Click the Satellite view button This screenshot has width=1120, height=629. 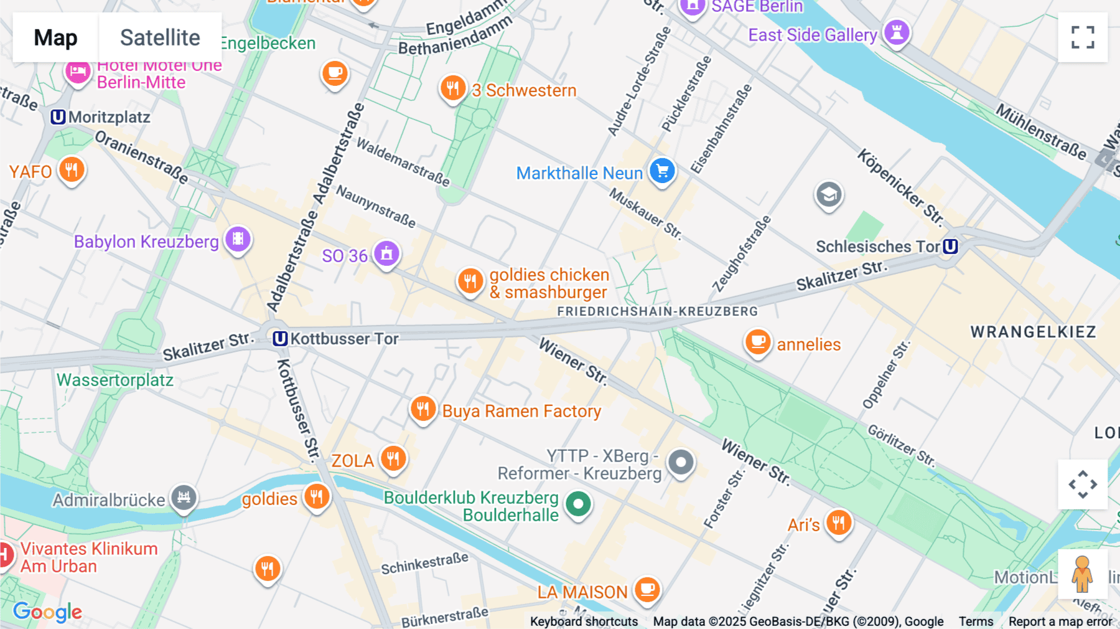click(160, 37)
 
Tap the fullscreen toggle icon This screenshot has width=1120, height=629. click(1083, 37)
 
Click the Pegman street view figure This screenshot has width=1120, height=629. click(1083, 574)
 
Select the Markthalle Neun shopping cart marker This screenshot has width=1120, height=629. click(662, 170)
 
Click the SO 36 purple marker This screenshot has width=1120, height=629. click(386, 253)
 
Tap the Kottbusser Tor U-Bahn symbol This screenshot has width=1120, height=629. click(280, 339)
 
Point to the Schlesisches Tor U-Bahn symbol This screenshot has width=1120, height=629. click(950, 247)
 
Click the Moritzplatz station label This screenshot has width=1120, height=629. click(109, 117)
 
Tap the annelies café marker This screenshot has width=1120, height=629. click(757, 342)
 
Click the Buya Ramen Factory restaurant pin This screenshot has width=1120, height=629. click(423, 409)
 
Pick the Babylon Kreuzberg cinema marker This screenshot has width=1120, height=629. click(238, 239)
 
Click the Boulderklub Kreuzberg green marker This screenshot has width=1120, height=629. click(578, 504)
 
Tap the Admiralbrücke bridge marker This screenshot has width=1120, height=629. click(184, 497)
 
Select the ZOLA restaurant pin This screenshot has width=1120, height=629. click(393, 459)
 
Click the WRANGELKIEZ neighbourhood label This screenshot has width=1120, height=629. click(1033, 332)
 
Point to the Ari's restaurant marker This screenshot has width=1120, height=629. click(838, 522)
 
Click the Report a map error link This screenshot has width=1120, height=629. click(1060, 622)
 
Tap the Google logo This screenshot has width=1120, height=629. click(47, 612)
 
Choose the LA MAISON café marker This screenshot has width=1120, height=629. click(647, 589)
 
